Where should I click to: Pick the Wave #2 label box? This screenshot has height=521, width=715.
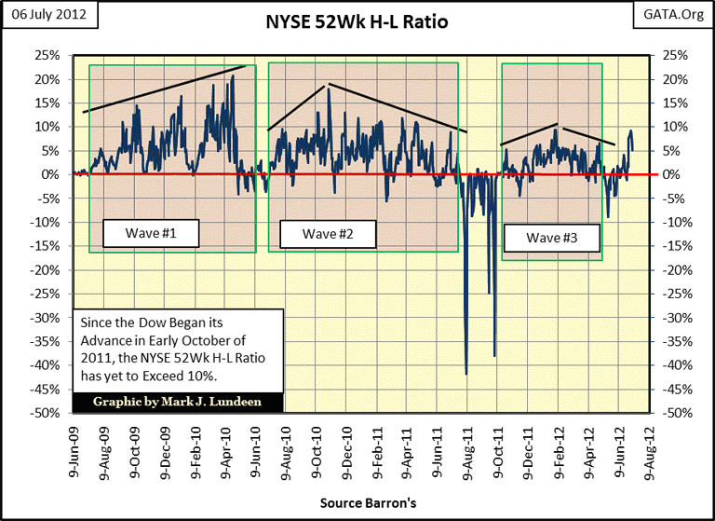(x=326, y=233)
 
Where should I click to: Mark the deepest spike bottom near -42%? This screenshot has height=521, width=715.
(x=465, y=374)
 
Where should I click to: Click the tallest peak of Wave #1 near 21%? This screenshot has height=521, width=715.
(x=233, y=75)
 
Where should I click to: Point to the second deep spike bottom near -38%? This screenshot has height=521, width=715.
(x=494, y=355)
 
